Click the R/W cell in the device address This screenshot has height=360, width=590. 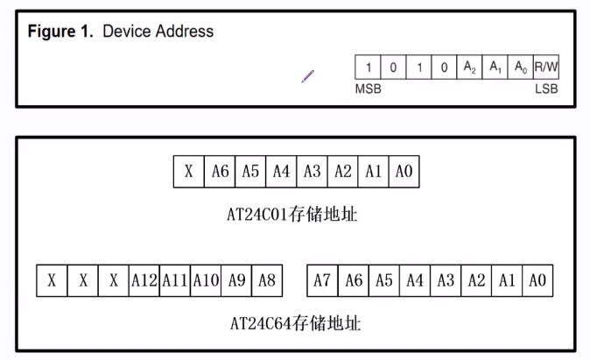546,67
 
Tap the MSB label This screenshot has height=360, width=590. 368,89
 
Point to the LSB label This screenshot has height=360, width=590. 546,89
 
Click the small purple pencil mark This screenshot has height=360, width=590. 307,76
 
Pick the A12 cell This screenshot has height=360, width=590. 144,280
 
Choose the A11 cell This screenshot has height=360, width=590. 175,280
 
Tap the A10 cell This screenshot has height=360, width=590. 206,280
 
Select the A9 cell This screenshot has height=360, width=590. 236,280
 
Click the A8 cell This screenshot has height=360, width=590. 267,280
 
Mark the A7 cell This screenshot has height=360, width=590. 323,280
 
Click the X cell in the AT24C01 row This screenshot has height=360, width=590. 189,172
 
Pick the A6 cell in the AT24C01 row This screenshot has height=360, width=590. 220,172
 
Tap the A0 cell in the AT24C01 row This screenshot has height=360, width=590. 404,172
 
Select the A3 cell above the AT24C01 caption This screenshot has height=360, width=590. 312,172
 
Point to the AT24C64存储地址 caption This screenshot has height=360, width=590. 294,323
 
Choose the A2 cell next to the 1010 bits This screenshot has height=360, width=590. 470,67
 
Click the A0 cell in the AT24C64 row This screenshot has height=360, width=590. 537,280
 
